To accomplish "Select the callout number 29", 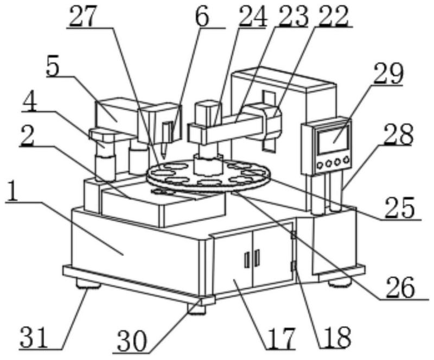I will point(388,73).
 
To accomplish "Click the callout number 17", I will point(280,337).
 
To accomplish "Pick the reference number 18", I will point(335,337).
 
